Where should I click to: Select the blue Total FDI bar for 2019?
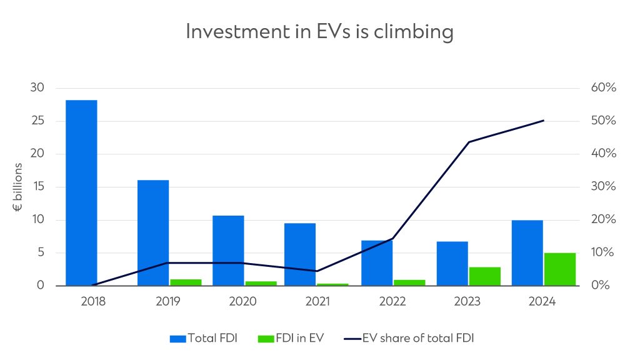pyautogui.click(x=153, y=232)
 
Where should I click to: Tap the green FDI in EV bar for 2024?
pyautogui.click(x=559, y=269)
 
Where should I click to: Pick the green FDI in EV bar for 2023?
pyautogui.click(x=484, y=276)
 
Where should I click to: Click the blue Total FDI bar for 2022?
pyautogui.click(x=377, y=263)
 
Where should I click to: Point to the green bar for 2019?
pyautogui.click(x=186, y=282)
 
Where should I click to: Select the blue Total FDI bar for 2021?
pyautogui.click(x=300, y=254)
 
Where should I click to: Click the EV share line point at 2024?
pyautogui.click(x=543, y=120)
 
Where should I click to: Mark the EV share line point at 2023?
pyautogui.click(x=468, y=142)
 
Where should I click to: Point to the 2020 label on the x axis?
pyautogui.click(x=243, y=301)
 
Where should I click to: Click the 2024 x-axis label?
pyautogui.click(x=542, y=301)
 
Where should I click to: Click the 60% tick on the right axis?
pyautogui.click(x=603, y=87)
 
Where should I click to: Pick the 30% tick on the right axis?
pyautogui.click(x=603, y=187)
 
